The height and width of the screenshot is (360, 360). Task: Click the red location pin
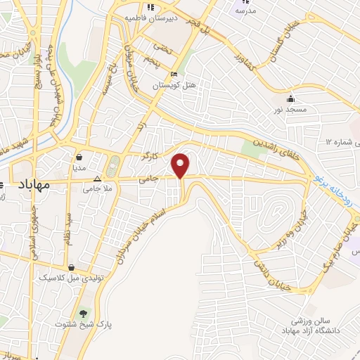pyautogui.click(x=181, y=165)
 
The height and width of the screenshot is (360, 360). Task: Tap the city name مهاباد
pyautogui.click(x=32, y=185)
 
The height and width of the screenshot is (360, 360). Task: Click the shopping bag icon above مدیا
pyautogui.click(x=79, y=157)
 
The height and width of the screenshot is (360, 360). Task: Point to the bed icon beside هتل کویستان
pyautogui.click(x=174, y=75)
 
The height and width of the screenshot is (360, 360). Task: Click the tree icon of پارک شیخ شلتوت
pyautogui.click(x=84, y=312)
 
